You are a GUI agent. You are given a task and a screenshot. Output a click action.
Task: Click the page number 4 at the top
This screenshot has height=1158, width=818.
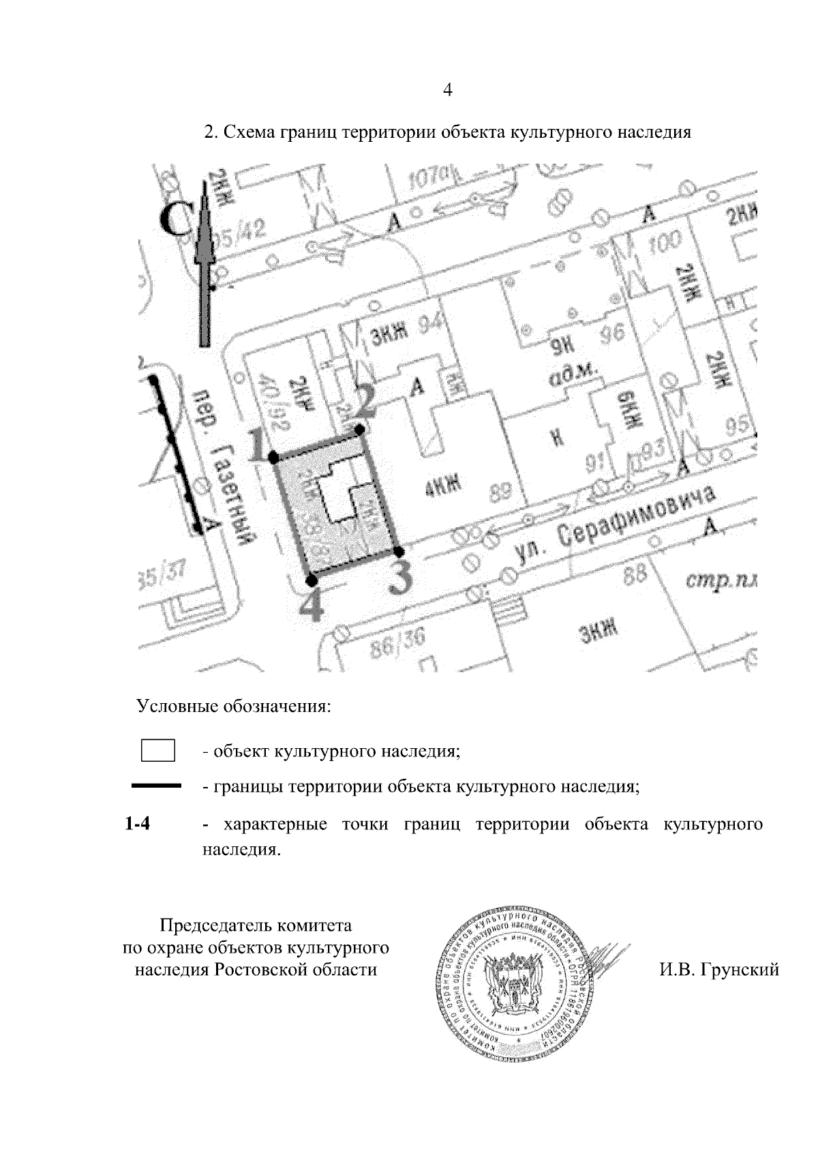(448, 90)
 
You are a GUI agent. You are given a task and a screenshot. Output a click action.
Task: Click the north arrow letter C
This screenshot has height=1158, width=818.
(176, 220)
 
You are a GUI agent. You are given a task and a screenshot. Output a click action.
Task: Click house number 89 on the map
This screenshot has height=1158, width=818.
(501, 490)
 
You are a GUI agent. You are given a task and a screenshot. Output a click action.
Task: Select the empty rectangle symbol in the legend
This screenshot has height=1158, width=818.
(158, 751)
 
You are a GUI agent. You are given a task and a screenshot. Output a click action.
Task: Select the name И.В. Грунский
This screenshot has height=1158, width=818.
(718, 969)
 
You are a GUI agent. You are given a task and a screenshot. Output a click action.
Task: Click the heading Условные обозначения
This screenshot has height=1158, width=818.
(234, 705)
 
